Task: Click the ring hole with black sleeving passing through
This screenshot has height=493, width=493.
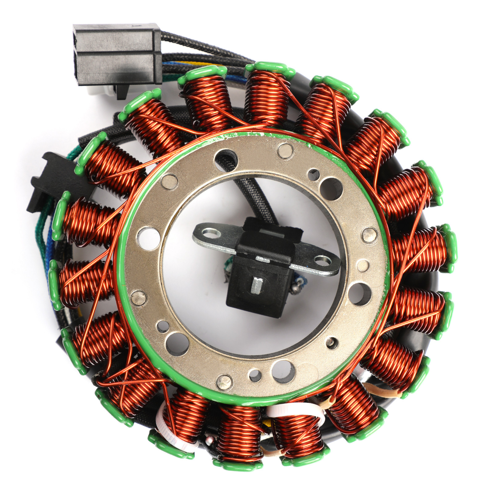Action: pyautogui.click(x=226, y=159)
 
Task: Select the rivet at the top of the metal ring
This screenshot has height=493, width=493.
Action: pyautogui.click(x=285, y=151)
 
